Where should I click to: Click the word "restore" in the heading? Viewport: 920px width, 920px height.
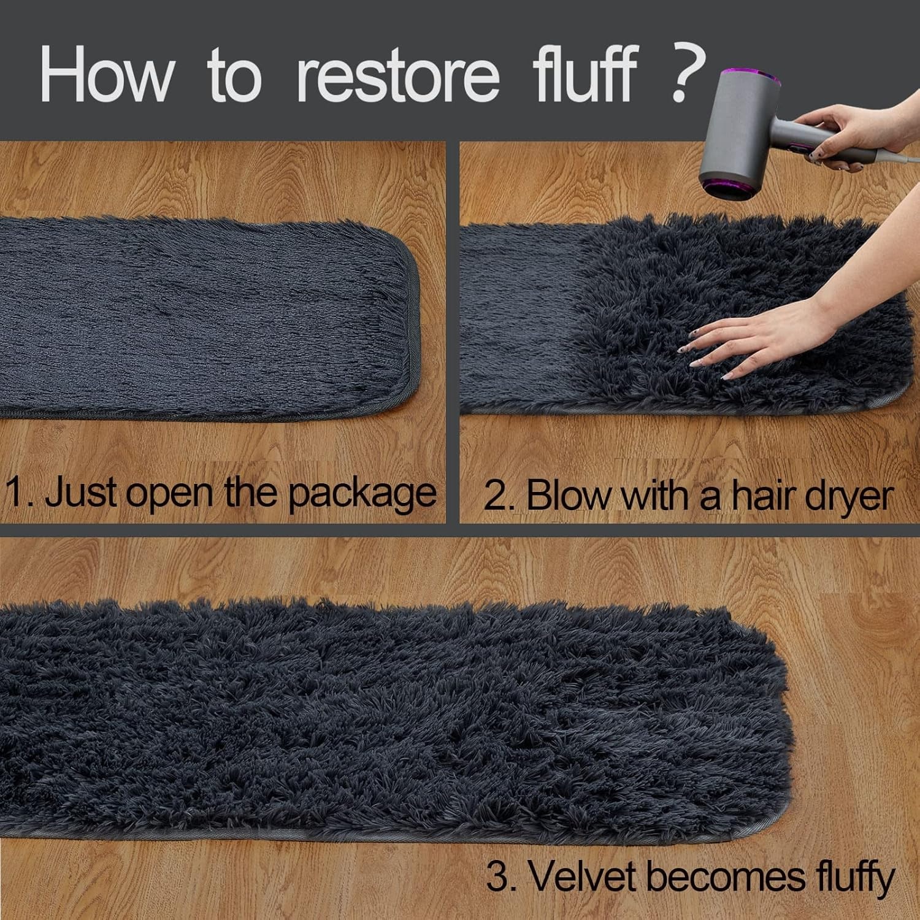397,76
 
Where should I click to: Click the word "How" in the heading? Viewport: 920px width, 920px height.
106,76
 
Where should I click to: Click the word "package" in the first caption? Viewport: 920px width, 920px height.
362,494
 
